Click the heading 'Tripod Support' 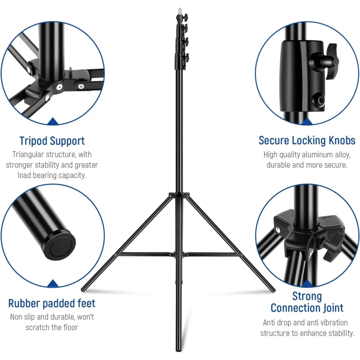(52, 141)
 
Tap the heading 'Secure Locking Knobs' (307, 140)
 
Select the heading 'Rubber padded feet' (51, 303)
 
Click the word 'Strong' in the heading (307, 296)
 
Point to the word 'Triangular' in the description (28, 154)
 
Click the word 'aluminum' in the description (317, 155)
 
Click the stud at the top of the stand (180, 10)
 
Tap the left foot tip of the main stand (83, 289)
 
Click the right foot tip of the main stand (273, 291)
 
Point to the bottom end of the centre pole (179, 350)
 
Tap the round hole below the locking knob (319, 100)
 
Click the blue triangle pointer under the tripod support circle (53, 121)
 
